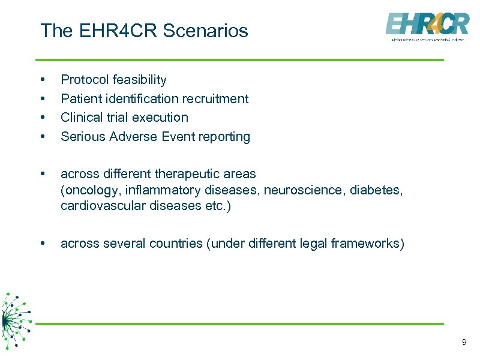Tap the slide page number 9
464,342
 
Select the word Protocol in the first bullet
83,80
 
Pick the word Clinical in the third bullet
81,118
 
